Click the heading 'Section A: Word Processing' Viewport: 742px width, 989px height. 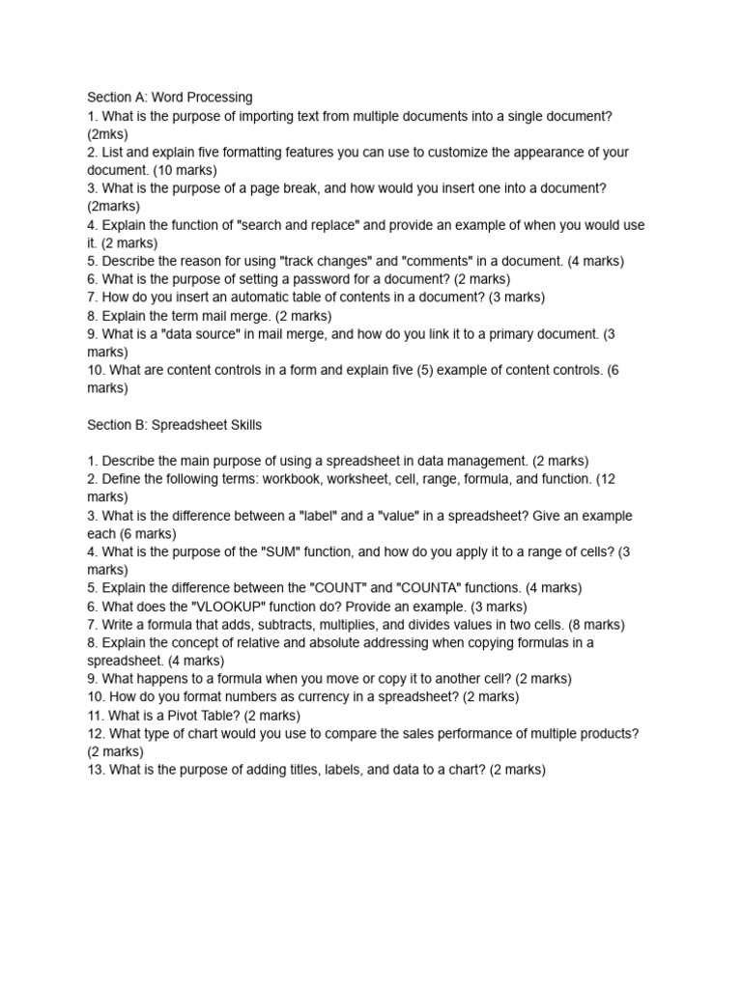[170, 97]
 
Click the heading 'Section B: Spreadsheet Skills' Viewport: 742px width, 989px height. [175, 424]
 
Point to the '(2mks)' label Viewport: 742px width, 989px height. [107, 133]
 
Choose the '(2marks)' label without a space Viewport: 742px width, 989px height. [113, 206]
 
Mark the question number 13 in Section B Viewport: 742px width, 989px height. [95, 770]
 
